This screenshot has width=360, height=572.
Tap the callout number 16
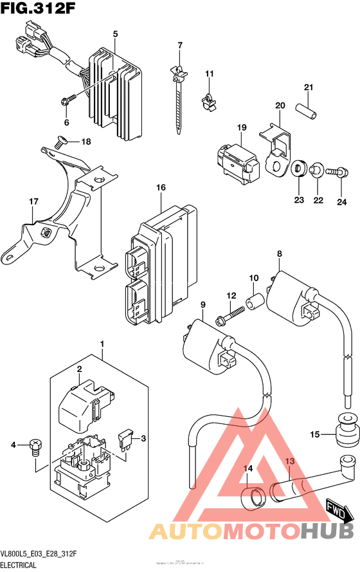point(160,187)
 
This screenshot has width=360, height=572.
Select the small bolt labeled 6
point(66,100)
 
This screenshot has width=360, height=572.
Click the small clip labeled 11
point(208,100)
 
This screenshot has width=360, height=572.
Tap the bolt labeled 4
point(35,448)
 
